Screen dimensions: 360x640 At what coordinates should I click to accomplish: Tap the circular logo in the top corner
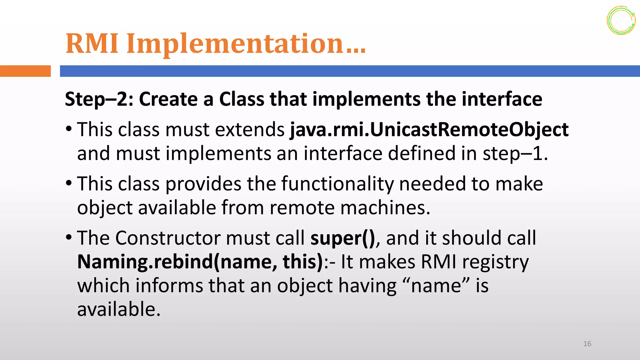(x=621, y=20)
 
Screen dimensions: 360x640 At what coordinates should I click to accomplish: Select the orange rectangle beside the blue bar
(x=25, y=71)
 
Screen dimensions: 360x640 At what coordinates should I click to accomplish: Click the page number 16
(x=587, y=344)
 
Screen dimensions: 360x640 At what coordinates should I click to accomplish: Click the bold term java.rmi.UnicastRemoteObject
(x=429, y=129)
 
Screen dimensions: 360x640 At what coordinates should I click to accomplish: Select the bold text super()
(x=342, y=238)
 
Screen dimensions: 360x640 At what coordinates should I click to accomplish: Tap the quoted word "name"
(x=436, y=286)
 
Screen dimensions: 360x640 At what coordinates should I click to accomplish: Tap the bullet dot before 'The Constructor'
(x=69, y=237)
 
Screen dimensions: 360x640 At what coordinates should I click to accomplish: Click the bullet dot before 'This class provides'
(x=69, y=183)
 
